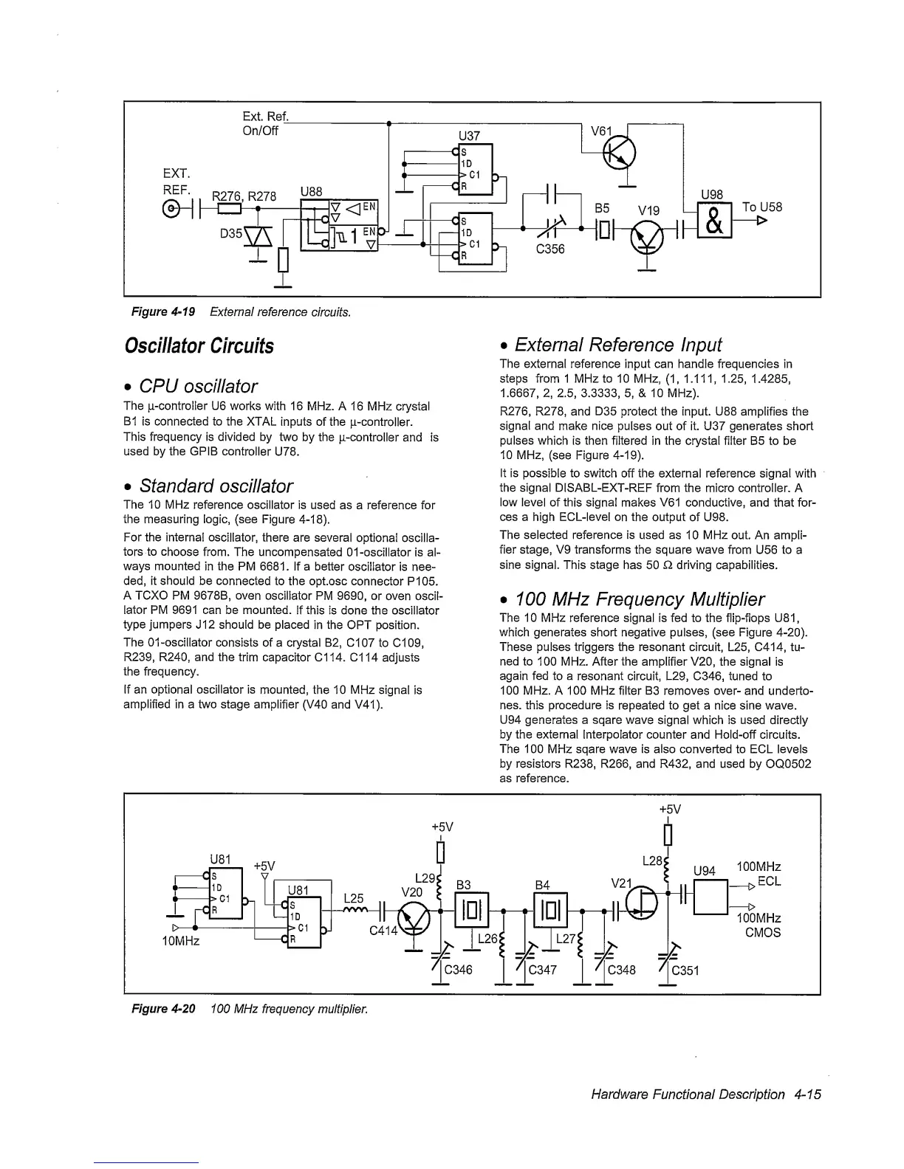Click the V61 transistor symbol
(614, 154)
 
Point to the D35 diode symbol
(263, 238)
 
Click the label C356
(549, 249)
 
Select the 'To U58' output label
(761, 207)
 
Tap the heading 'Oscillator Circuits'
(199, 345)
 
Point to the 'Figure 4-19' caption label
(162, 311)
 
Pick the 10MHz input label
(181, 942)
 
